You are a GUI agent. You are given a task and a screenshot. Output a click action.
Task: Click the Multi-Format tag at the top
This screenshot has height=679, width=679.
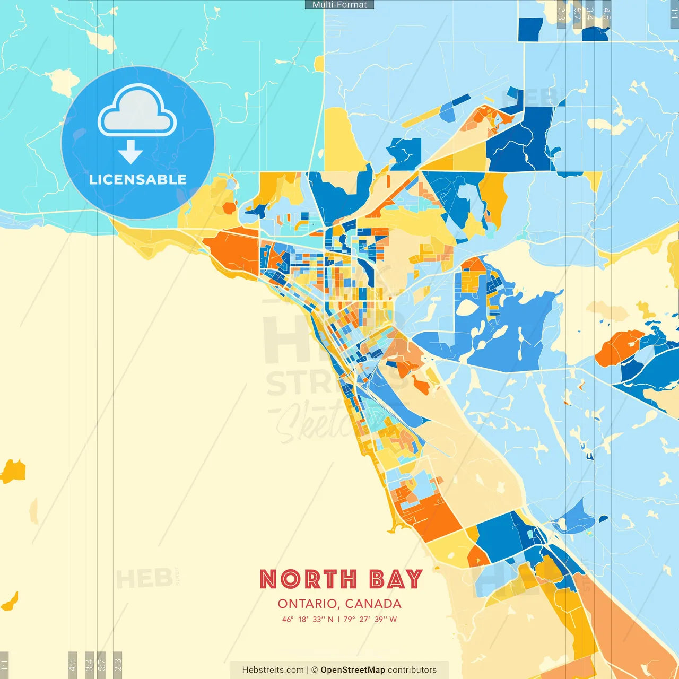point(339,5)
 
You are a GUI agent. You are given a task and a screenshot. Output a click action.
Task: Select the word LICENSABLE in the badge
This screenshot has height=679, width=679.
point(138,180)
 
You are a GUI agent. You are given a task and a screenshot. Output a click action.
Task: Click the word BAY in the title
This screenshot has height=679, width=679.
point(396,579)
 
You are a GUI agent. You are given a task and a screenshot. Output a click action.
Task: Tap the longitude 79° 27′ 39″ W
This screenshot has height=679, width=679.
point(370,619)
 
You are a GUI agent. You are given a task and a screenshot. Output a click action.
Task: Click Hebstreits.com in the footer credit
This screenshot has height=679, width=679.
point(273,670)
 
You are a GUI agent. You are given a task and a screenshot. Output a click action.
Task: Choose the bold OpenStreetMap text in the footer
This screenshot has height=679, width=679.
point(353,670)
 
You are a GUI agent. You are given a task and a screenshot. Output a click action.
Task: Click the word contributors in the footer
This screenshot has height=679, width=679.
point(412,670)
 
